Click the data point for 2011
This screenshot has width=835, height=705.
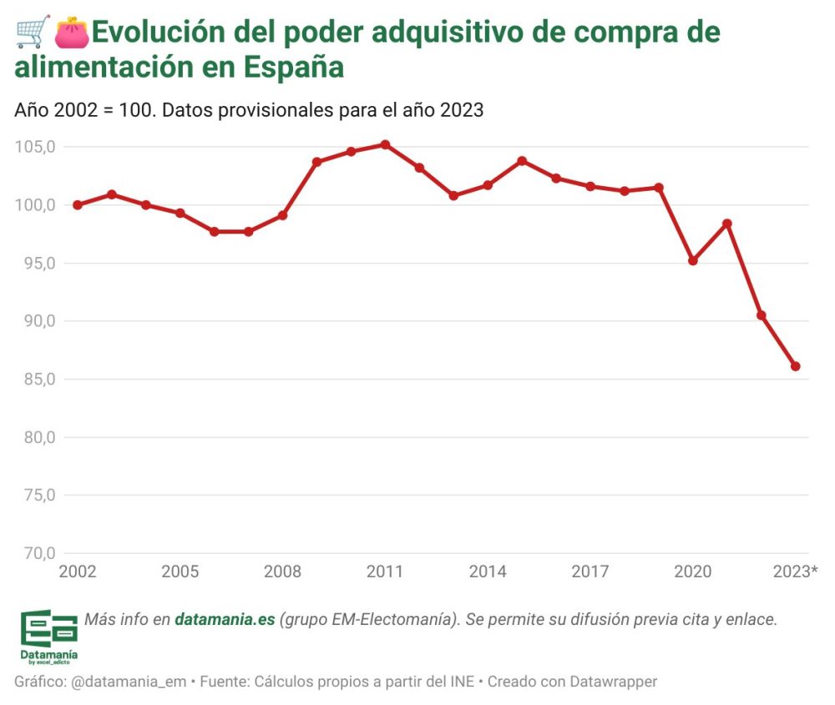[x=385, y=144]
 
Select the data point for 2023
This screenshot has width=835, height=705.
[x=796, y=366]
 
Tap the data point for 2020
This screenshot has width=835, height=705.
[x=693, y=260]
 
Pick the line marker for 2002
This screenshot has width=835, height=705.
[x=78, y=204]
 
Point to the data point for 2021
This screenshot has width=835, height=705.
[x=727, y=224]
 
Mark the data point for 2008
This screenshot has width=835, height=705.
[x=283, y=215]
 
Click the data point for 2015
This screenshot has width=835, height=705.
[x=522, y=160]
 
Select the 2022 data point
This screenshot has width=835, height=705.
[x=762, y=315]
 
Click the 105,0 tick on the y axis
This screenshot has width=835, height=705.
[x=35, y=147]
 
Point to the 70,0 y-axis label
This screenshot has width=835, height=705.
[x=35, y=552]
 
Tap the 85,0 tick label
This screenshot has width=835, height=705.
[x=35, y=379]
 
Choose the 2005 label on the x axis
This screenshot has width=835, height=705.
[x=180, y=572]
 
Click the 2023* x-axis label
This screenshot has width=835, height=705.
[x=796, y=572]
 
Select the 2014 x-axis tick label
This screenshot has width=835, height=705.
[x=488, y=572]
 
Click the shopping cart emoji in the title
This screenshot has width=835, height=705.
[x=33, y=33]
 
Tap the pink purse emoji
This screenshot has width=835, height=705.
[x=72, y=33]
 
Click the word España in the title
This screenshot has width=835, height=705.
[x=294, y=68]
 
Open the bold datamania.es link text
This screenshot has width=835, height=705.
[x=225, y=620]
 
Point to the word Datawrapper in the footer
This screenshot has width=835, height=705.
[x=614, y=682]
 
